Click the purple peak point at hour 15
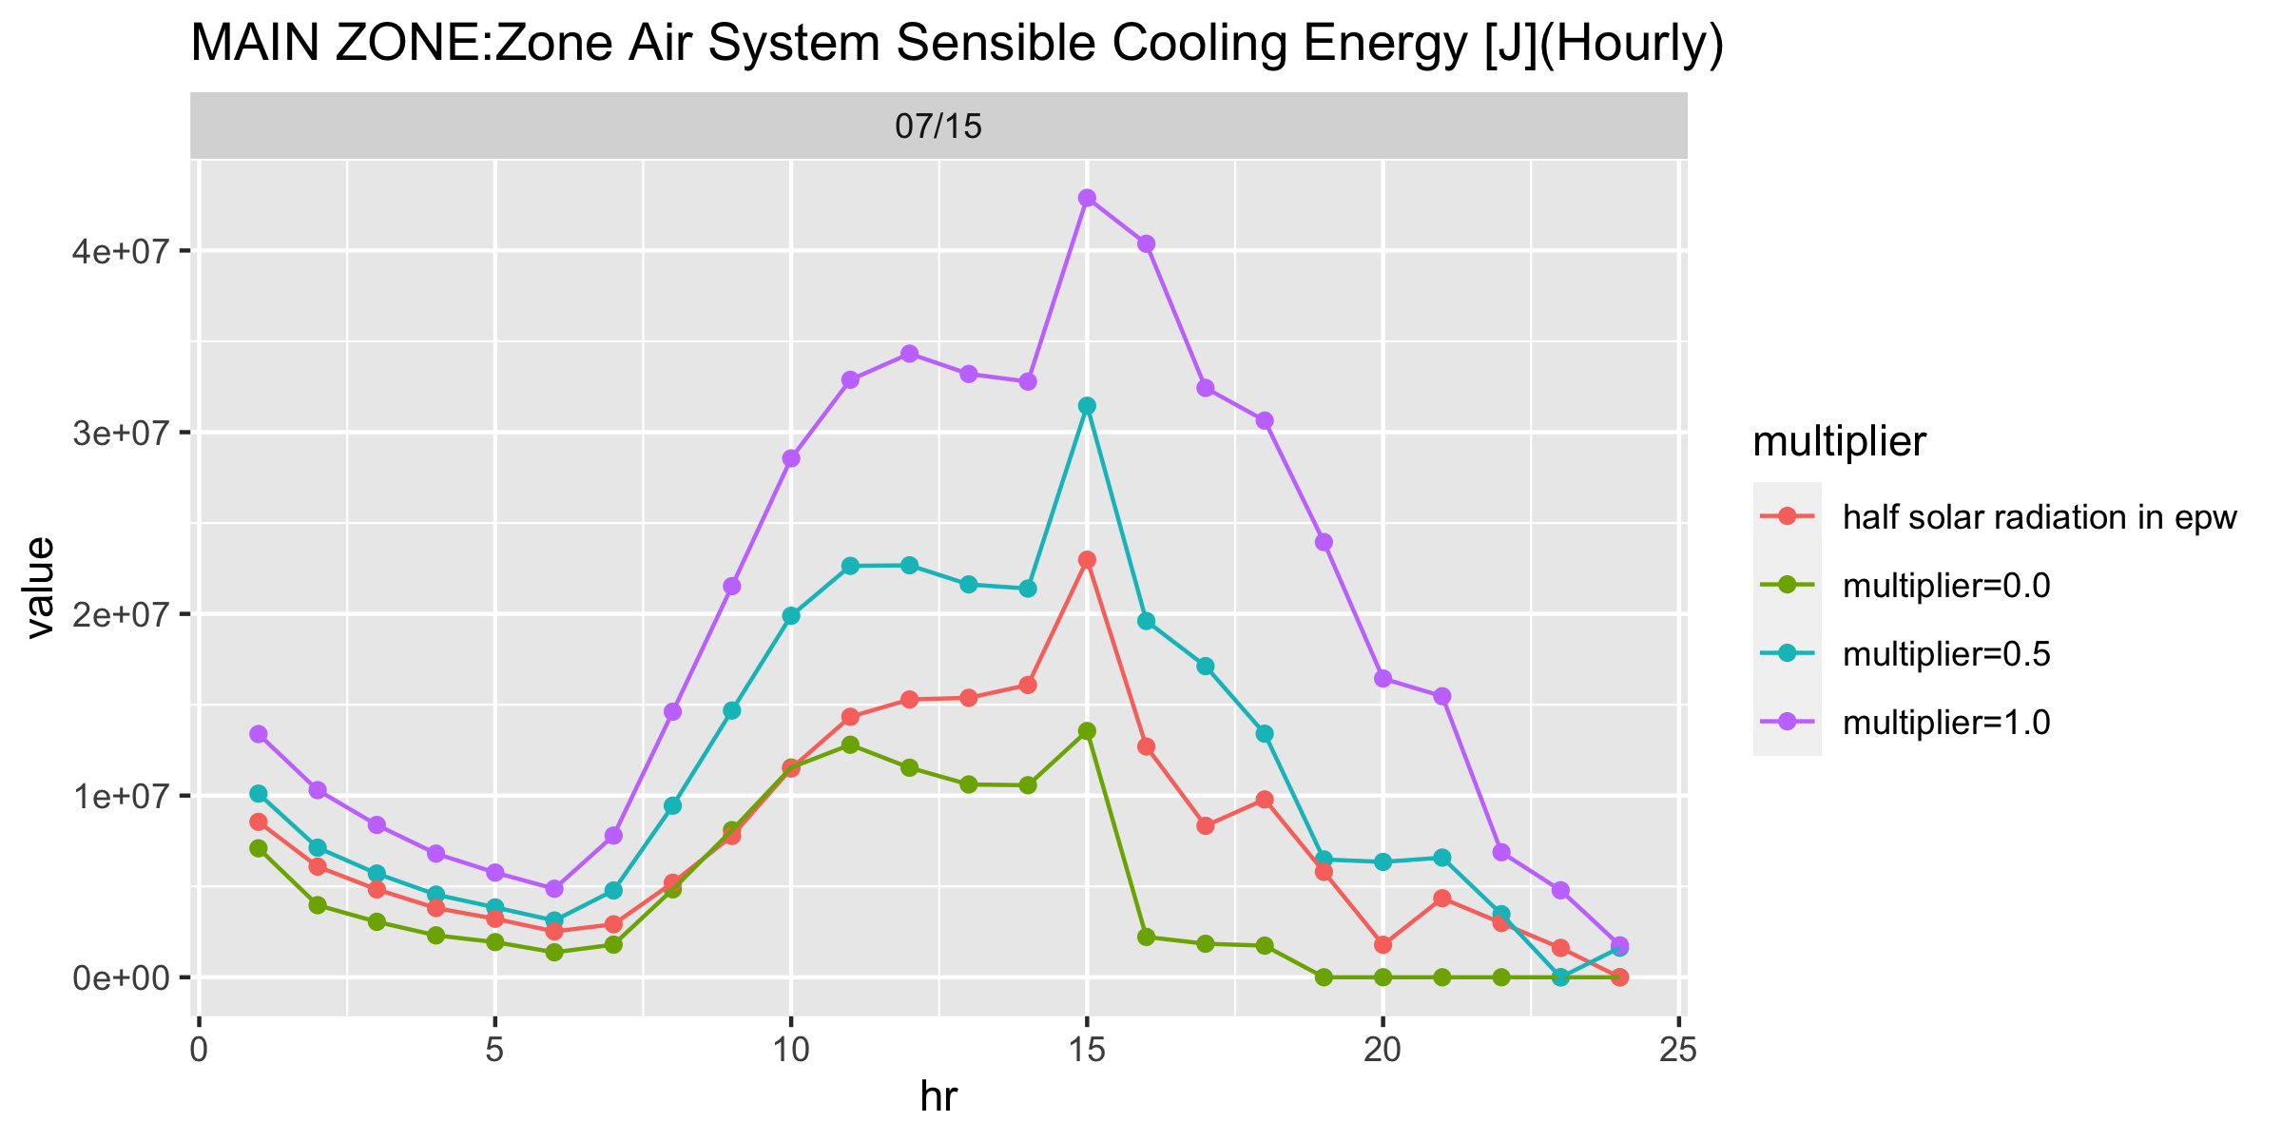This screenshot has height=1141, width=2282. point(1087,198)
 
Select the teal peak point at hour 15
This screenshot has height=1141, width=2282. point(1087,406)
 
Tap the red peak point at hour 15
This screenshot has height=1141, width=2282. point(1087,560)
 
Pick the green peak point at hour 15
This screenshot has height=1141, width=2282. point(1087,731)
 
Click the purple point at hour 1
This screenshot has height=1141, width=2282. point(259,734)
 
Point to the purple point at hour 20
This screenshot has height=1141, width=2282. point(1383,679)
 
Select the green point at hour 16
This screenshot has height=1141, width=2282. point(1146,937)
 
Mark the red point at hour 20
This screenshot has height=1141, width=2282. point(1383,944)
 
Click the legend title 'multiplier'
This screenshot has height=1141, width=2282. point(1840,441)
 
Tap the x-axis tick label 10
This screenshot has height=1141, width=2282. point(790,1052)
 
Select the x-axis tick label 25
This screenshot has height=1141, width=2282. point(1679,1052)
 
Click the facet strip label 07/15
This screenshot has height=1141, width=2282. point(938,126)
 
